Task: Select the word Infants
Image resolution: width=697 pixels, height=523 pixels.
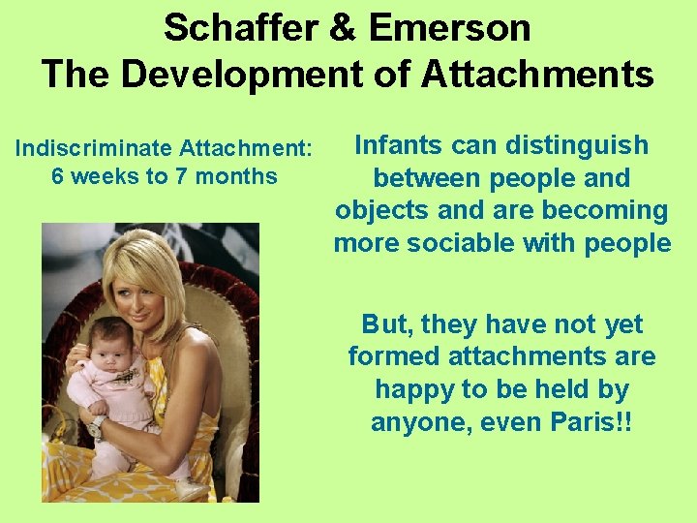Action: pyautogui.click(x=400, y=145)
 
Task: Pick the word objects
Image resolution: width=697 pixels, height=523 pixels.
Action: pyautogui.click(x=379, y=210)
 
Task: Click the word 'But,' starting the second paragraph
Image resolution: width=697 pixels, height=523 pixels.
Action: pyautogui.click(x=384, y=324)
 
